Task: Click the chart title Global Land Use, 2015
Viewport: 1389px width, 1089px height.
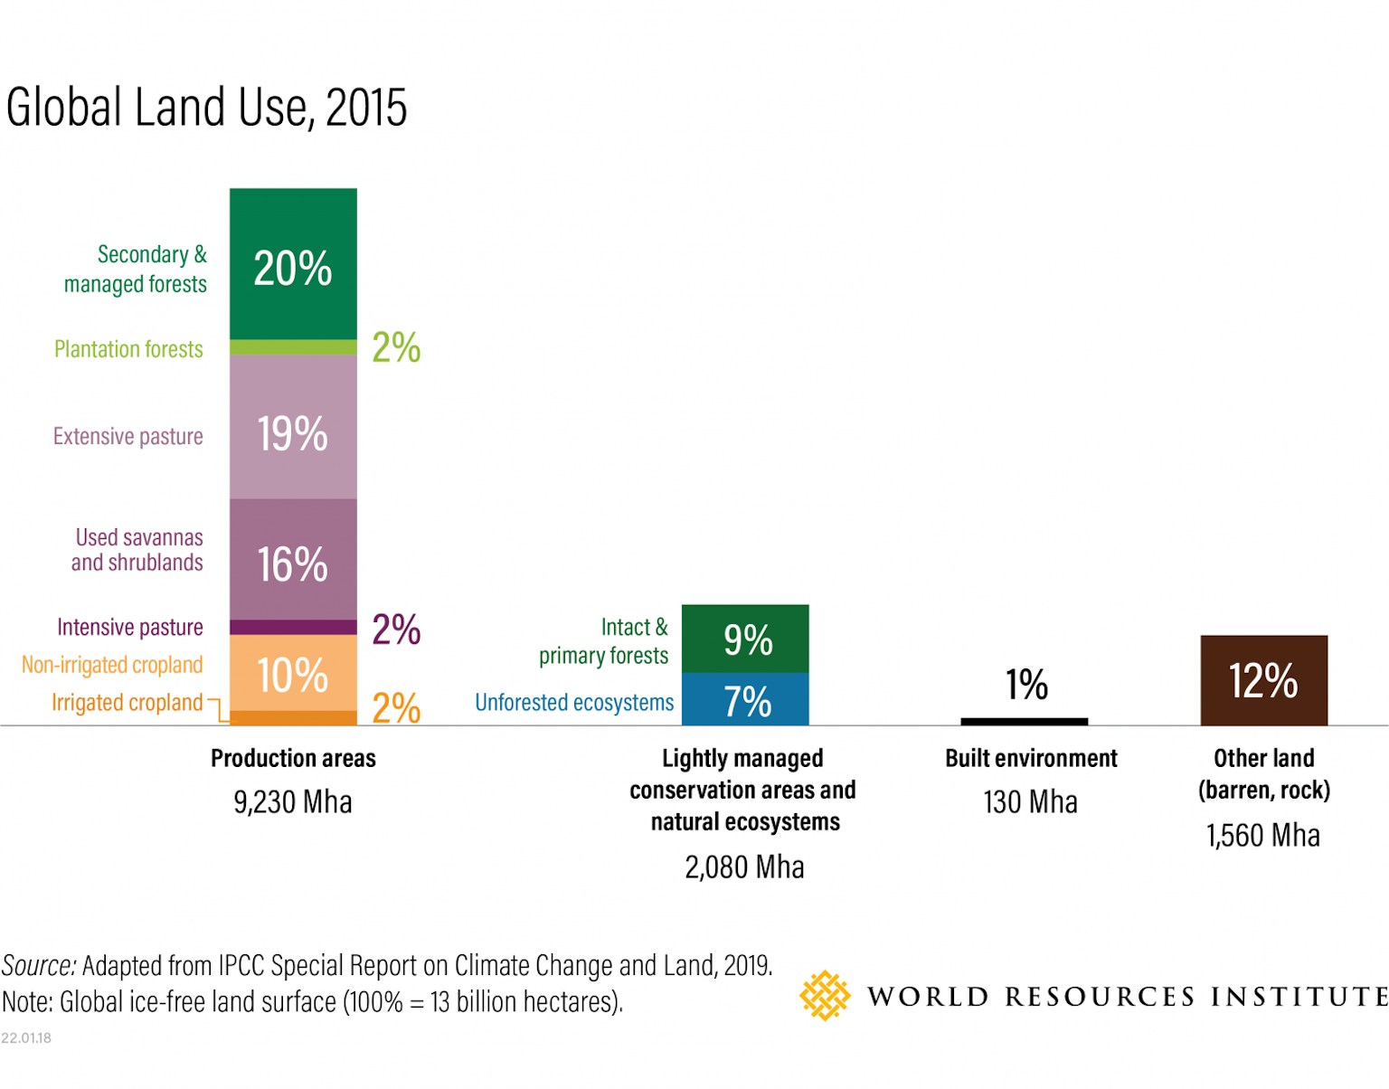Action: click(206, 108)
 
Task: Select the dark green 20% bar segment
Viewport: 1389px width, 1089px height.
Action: click(293, 264)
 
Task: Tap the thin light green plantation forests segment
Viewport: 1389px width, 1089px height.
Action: click(293, 347)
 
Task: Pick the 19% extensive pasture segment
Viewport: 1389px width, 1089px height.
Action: click(293, 427)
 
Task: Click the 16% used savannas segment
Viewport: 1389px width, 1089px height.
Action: click(293, 559)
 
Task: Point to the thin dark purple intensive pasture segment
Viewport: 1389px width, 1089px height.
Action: click(293, 628)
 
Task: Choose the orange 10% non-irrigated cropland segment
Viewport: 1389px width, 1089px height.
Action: click(293, 673)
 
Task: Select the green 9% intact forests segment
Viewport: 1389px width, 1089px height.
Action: click(745, 639)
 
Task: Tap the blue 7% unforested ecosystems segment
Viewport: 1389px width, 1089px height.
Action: click(745, 699)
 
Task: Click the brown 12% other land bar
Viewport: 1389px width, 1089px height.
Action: click(1263, 680)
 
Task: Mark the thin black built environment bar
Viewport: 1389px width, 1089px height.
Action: click(1024, 721)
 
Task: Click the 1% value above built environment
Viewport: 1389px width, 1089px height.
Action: click(1026, 685)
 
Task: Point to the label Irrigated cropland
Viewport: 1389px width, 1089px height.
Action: click(128, 703)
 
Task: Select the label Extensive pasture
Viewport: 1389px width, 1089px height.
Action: click(128, 436)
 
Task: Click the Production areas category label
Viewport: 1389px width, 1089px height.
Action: click(293, 758)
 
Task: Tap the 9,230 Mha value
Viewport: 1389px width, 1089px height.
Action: click(293, 802)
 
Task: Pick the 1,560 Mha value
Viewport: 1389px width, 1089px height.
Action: click(1263, 835)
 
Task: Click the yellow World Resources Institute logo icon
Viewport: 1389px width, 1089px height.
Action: click(824, 996)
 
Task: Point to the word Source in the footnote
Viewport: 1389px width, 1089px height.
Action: click(39, 966)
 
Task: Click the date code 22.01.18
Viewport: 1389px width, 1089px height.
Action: click(26, 1037)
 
